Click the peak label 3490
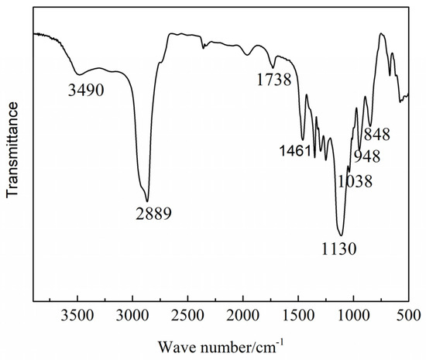[x=86, y=91]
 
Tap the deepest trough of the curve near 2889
[x=147, y=200]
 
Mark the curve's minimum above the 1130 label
[x=340, y=234]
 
